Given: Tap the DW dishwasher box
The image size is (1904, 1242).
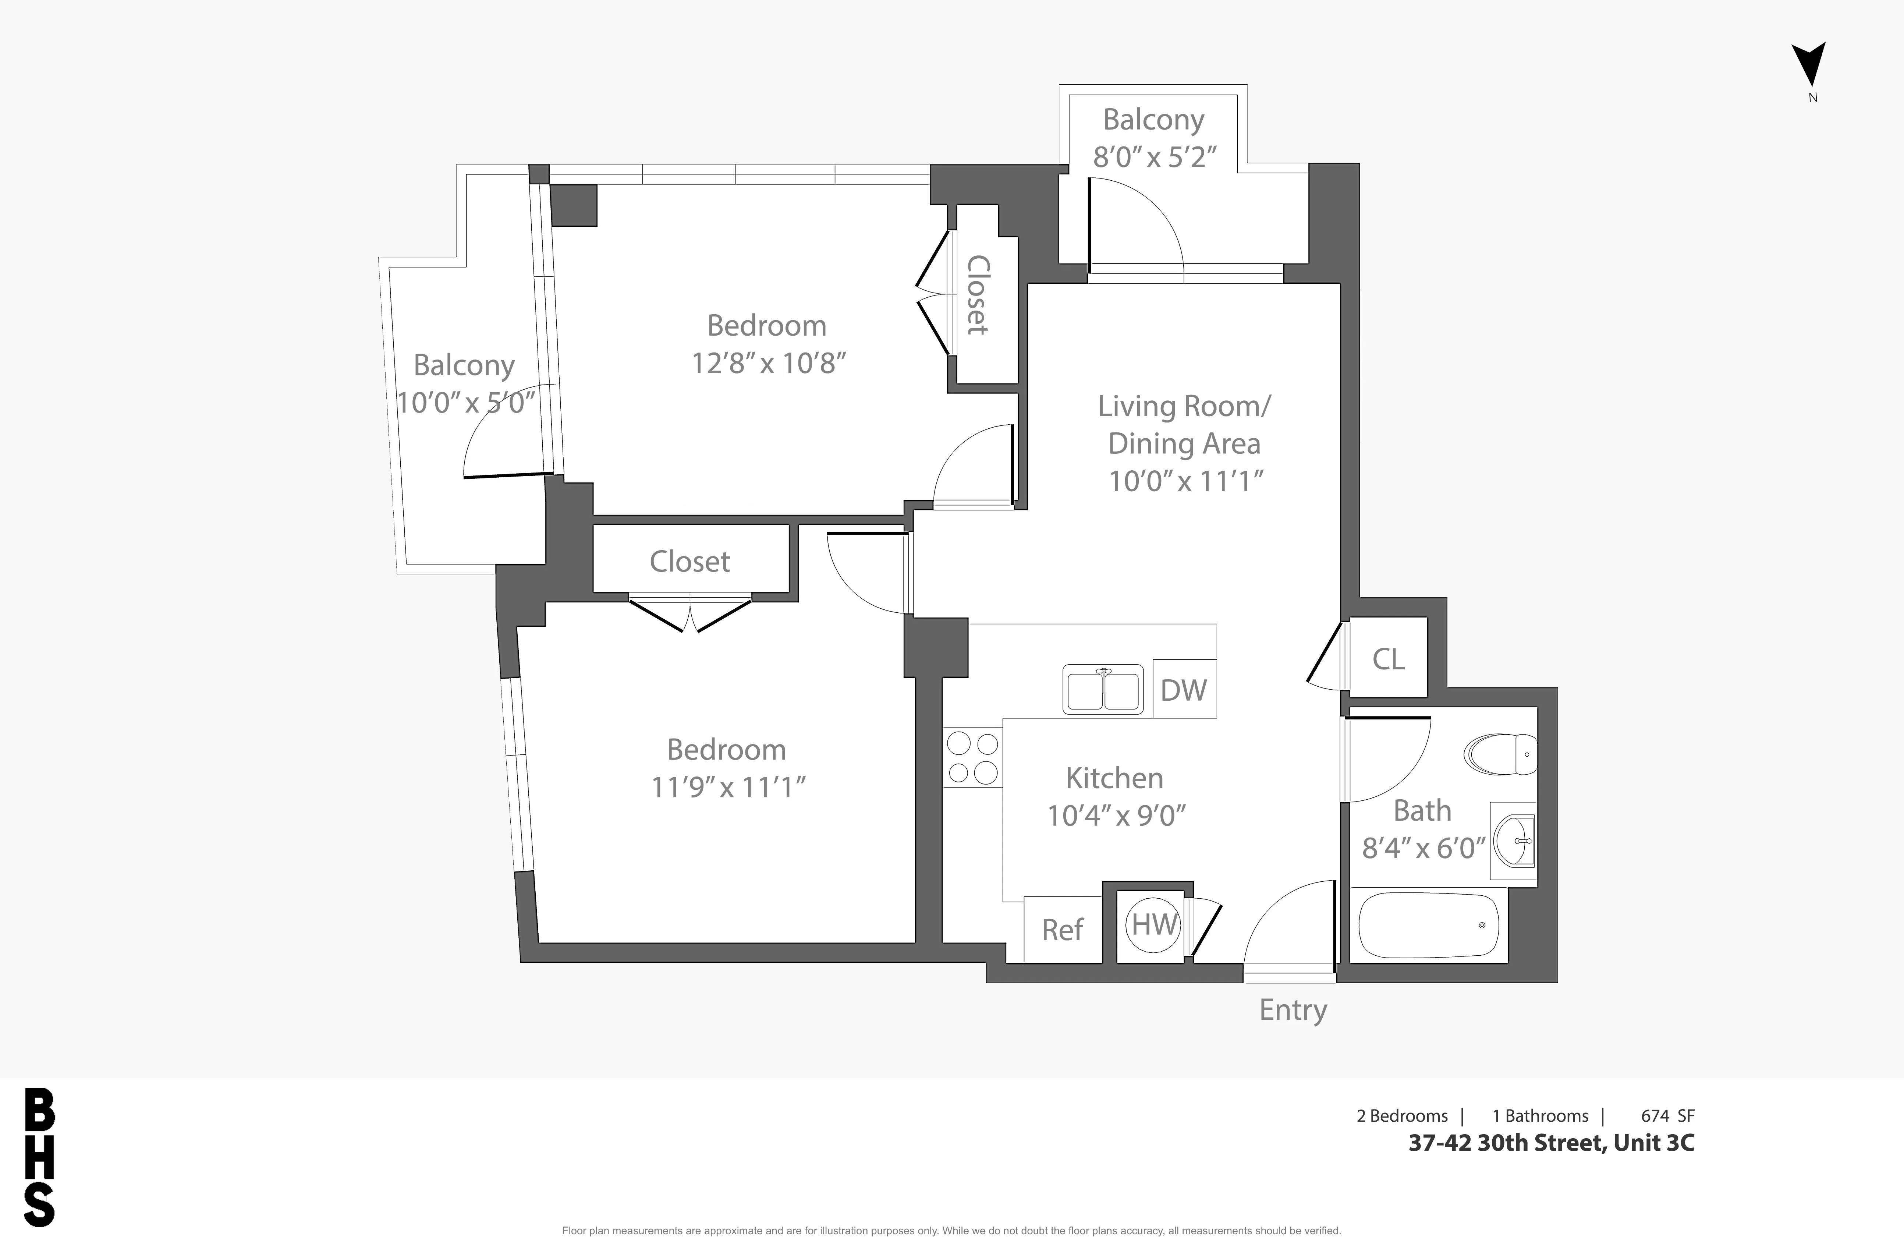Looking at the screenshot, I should tap(1184, 689).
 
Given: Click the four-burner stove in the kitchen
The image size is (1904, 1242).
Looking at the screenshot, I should tap(972, 757).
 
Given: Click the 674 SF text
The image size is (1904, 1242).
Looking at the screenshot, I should tap(1667, 1115).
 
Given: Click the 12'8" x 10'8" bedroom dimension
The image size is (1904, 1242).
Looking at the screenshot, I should tap(768, 363).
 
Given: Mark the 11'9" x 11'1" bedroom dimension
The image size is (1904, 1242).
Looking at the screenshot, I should tap(727, 788).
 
